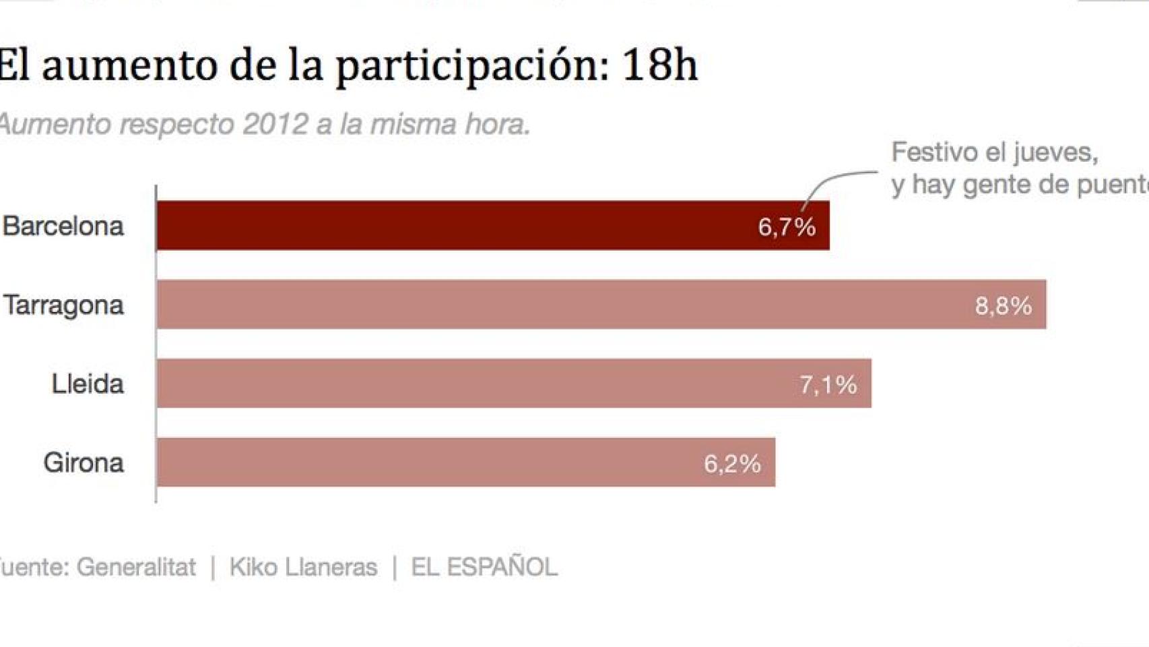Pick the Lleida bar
(471, 383)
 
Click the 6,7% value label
(787, 227)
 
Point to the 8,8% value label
(1003, 306)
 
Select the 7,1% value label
(828, 385)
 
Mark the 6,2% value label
(732, 464)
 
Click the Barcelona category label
(63, 226)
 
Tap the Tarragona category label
(64, 305)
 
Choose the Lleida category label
(88, 384)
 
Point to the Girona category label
(84, 463)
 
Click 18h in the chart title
(659, 65)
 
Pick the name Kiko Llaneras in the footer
(303, 567)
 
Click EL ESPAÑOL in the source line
(484, 567)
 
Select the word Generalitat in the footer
(136, 567)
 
